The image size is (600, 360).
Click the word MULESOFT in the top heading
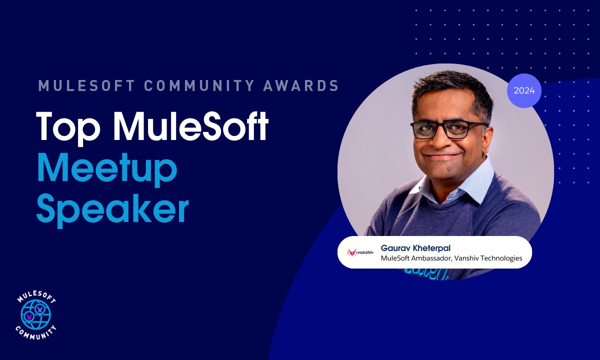click(86, 86)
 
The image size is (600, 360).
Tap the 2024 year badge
click(524, 91)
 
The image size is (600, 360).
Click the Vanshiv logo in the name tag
click(360, 252)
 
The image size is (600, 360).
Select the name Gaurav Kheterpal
click(415, 248)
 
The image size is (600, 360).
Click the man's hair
click(445, 90)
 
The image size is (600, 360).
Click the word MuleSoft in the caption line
click(395, 258)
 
